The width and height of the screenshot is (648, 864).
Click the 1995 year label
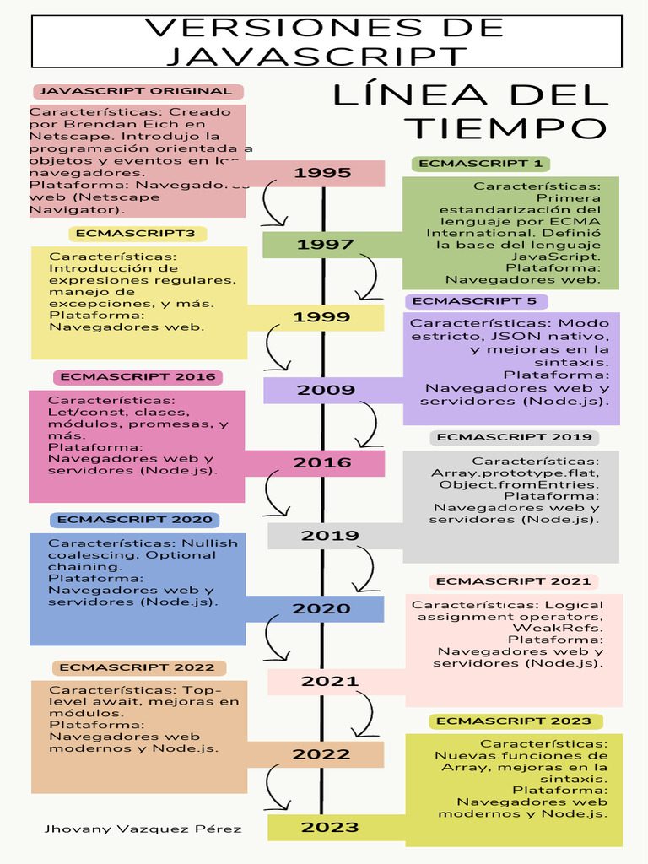click(322, 173)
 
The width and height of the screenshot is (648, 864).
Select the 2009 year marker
click(326, 390)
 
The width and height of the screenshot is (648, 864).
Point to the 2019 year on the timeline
click(330, 535)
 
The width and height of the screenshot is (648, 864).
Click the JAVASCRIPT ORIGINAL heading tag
click(137, 91)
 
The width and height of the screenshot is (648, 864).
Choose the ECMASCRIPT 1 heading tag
click(480, 164)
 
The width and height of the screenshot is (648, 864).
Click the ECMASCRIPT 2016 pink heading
click(138, 376)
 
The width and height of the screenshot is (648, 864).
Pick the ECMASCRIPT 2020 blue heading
click(135, 520)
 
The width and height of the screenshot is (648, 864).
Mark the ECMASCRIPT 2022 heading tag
click(138, 667)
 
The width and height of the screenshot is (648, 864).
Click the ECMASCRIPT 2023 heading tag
click(515, 721)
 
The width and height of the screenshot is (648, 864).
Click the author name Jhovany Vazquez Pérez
click(143, 829)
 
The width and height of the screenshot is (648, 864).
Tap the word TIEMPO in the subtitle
click(505, 128)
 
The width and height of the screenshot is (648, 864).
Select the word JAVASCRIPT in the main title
click(316, 56)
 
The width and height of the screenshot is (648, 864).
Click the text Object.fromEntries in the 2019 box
click(519, 484)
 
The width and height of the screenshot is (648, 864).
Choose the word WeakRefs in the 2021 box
click(558, 628)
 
